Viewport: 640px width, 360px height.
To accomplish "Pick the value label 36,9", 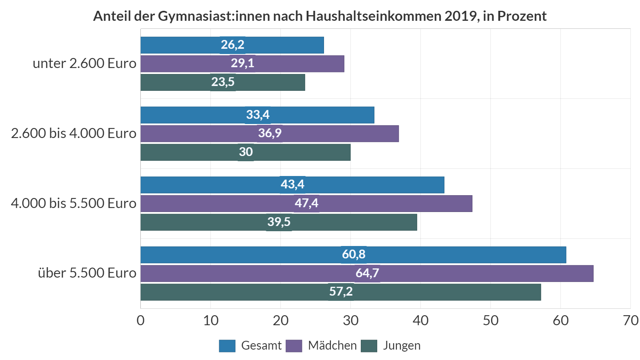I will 270,133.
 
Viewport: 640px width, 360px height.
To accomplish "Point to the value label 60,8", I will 354,254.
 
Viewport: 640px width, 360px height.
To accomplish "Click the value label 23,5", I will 223,82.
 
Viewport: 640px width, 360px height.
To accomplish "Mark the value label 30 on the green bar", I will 246,152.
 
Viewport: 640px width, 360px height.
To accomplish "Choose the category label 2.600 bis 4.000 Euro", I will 74,133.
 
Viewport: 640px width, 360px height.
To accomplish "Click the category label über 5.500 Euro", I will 87,273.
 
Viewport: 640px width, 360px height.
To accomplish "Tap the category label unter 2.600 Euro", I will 84,63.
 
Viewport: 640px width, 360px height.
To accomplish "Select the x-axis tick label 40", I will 420,320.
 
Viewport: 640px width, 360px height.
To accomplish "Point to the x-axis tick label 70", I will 630,320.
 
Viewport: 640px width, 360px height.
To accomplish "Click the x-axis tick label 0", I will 140,320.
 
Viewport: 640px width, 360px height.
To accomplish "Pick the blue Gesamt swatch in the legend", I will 227,346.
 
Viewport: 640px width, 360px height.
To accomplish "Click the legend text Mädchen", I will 332,346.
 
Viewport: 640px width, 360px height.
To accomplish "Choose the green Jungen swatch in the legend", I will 369,346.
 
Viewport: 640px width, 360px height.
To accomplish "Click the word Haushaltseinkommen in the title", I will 374,16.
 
